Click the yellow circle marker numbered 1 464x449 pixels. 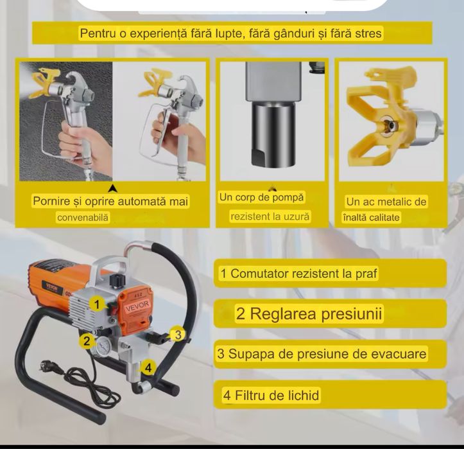pos(96,304)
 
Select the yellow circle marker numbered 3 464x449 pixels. pos(179,333)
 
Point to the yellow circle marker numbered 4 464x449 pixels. pos(148,367)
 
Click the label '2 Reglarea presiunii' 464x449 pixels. pos(309,314)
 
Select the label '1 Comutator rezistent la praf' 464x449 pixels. pos(298,274)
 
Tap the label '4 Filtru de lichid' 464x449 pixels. pos(270,395)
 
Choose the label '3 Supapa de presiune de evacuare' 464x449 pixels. pos(322,353)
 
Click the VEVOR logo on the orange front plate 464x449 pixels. pos(136,308)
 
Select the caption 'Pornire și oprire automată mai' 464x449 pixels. pos(110,202)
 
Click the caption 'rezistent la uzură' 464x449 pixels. pos(270,217)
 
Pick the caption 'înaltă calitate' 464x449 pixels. pos(371,218)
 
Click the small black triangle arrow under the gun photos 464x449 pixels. pos(113,188)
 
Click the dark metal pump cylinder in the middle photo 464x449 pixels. pos(271,135)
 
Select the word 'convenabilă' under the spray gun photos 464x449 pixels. pos(83,218)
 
